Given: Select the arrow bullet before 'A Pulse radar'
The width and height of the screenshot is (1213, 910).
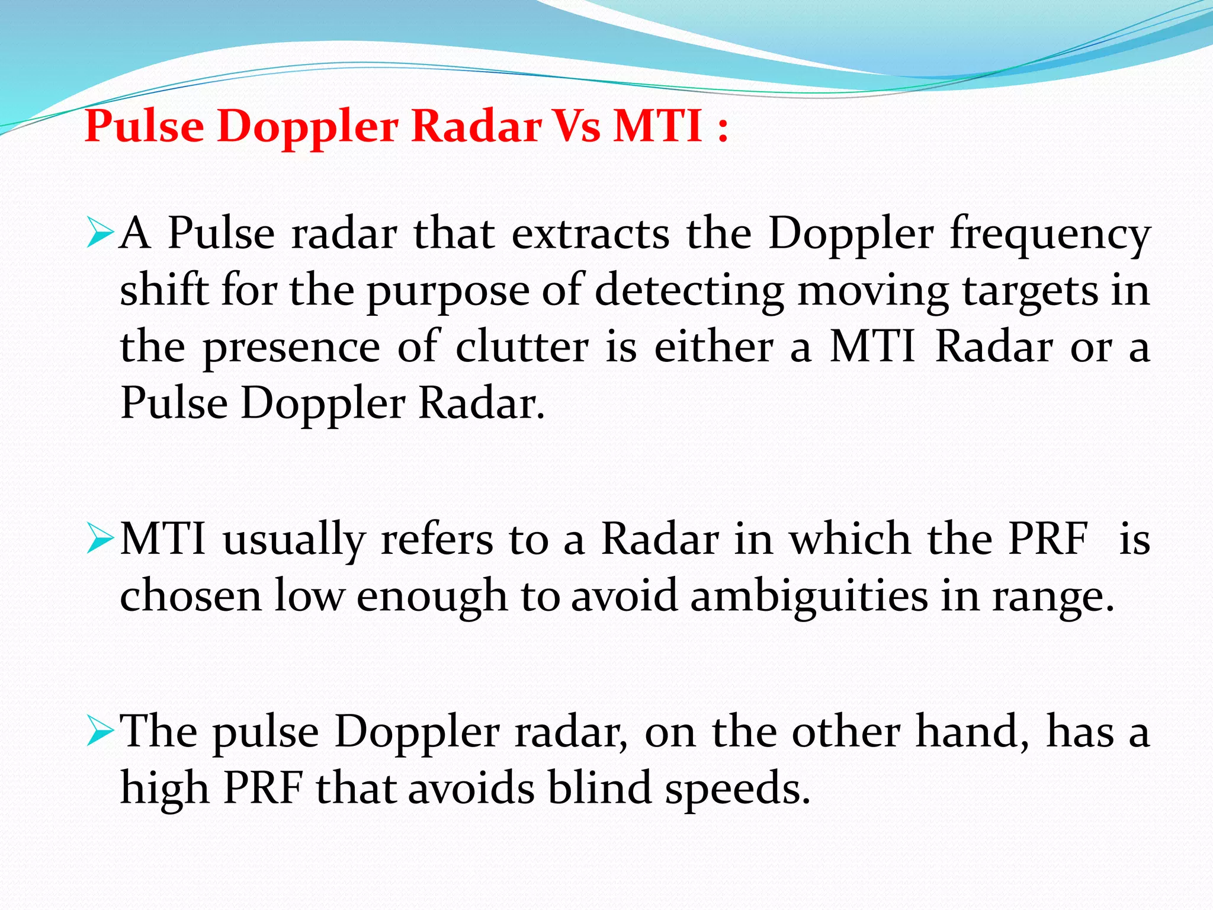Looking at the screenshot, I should (99, 233).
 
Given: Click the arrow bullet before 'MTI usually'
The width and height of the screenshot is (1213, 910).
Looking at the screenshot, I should (99, 539).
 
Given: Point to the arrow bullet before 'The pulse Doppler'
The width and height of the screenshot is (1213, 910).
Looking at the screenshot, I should (99, 730).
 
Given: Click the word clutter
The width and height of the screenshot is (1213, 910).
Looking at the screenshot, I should (522, 347).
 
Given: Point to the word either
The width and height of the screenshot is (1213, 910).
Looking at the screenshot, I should (714, 347).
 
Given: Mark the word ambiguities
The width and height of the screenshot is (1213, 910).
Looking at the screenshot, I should (809, 596).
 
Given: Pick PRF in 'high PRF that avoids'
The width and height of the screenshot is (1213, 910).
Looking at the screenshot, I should (263, 788).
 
